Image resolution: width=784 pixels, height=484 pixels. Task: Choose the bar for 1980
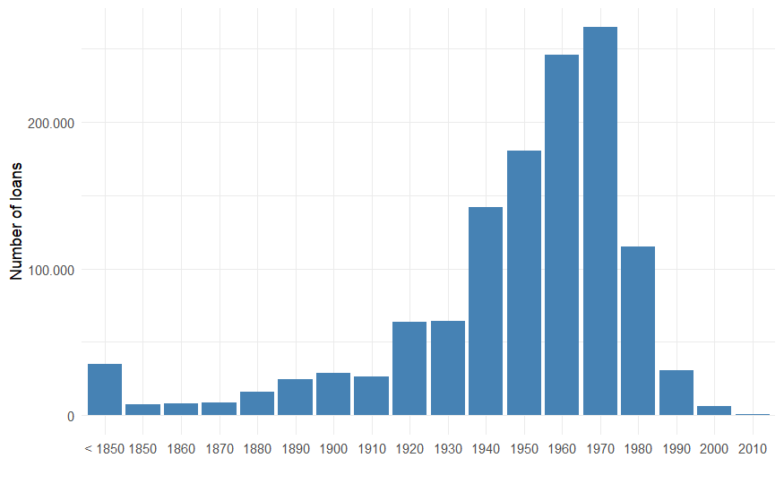tap(638, 331)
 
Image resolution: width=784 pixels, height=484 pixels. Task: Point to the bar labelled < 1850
tap(105, 390)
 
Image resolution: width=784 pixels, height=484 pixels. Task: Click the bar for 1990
tap(676, 393)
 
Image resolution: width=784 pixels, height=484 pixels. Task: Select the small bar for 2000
tap(714, 411)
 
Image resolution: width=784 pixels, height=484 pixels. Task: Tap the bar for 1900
tap(333, 394)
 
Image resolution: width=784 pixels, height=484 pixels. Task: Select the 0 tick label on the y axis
tap(68, 416)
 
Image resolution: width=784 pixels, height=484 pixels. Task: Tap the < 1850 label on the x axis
tap(104, 447)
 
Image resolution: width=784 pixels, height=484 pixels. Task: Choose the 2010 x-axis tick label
tap(753, 447)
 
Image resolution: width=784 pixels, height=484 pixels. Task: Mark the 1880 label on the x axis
tap(257, 447)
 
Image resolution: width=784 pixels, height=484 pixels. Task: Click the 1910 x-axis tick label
tap(371, 447)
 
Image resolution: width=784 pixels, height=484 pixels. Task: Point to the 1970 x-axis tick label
tap(600, 447)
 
